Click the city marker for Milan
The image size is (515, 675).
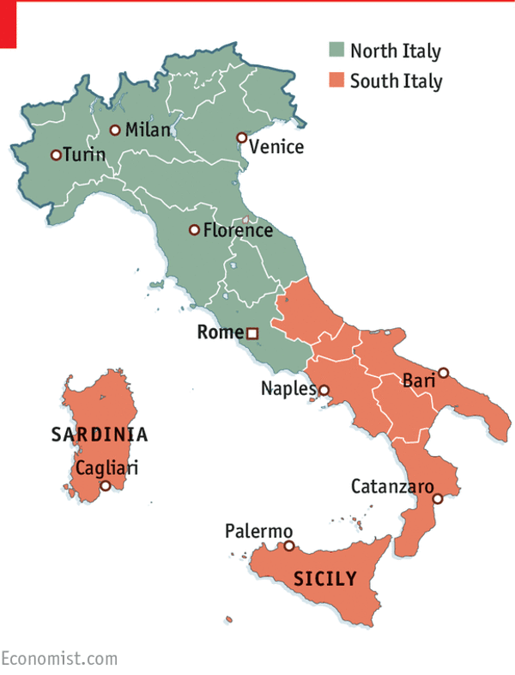point(114,131)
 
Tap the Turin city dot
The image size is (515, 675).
point(56,155)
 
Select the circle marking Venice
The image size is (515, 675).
point(241,137)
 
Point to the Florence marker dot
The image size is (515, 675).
point(194,230)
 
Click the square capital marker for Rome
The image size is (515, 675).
point(252,333)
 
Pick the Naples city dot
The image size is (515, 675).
point(324,390)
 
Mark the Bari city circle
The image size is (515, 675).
point(443,373)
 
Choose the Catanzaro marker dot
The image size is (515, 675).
point(437,498)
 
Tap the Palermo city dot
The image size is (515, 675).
point(289,545)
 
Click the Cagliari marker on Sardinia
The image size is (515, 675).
point(106,485)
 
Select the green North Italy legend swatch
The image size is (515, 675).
point(336,51)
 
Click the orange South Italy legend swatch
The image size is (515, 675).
point(336,82)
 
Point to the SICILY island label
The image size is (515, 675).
point(324,579)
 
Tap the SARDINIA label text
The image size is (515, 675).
point(100,435)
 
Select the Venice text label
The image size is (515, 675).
point(276,147)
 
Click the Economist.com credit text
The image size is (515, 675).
point(58,659)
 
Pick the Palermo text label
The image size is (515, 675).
point(258,532)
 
